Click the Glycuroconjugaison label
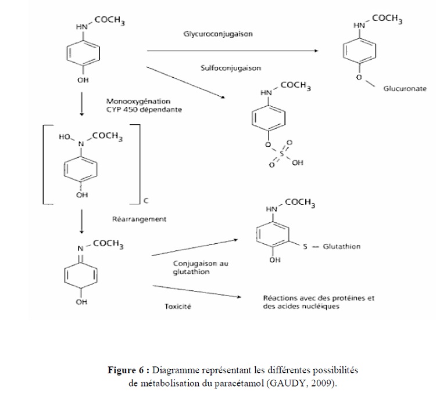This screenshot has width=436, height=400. coord(218,34)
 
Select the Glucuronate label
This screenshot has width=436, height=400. coord(405,89)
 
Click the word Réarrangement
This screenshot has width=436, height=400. coord(140,219)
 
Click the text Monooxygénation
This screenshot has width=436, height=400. coord(135,100)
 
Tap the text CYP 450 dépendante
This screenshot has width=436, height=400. coord(143,109)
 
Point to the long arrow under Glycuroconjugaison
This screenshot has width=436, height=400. coord(233,51)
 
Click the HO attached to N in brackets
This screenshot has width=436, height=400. coord(65,138)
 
